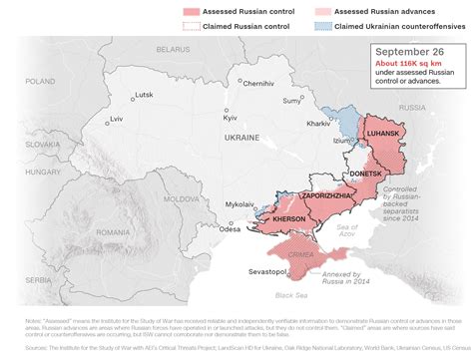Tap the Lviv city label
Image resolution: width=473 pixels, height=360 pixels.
coord(116,119)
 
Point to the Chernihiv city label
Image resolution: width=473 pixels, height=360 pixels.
coord(257,83)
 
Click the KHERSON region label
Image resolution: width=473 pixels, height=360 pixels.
coord(288,217)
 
